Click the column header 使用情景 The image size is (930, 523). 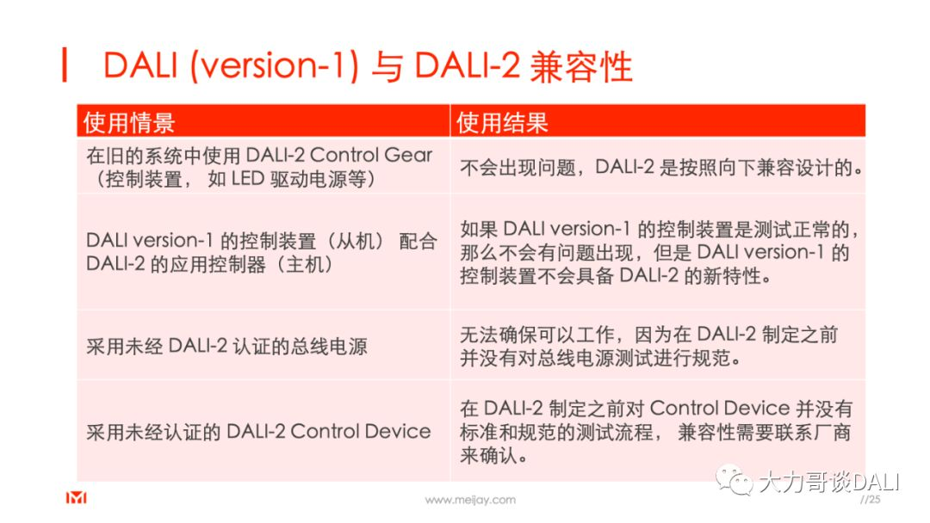pos(129,122)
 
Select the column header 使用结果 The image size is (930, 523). pos(502,122)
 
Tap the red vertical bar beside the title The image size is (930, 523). pos(65,66)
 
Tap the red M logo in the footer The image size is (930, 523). pos(77,498)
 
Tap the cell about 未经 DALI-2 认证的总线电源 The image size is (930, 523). pos(226,347)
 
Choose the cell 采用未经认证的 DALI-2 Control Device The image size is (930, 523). pos(258,432)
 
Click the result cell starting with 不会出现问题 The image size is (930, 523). pos(661,168)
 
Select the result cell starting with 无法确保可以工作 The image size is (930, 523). pos(648,346)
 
